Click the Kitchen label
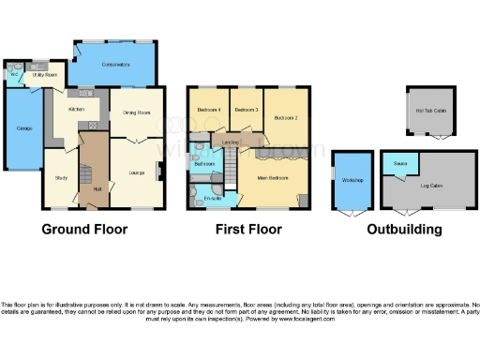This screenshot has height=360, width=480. [x=76, y=110]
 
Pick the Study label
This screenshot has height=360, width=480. [x=61, y=177]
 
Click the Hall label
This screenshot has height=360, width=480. [x=97, y=189]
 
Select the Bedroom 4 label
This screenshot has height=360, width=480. [x=208, y=111]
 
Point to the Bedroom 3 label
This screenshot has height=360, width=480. [x=246, y=111]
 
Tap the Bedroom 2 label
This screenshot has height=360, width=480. [x=286, y=118]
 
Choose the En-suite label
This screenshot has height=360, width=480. [x=212, y=199]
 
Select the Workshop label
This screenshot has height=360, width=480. [x=352, y=179]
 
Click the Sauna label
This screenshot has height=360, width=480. [x=399, y=162]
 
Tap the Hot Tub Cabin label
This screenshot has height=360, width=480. [x=430, y=110]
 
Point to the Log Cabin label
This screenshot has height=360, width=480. [x=431, y=187]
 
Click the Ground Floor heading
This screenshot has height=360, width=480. [x=91, y=230]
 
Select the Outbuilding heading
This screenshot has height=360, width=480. [x=404, y=230]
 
